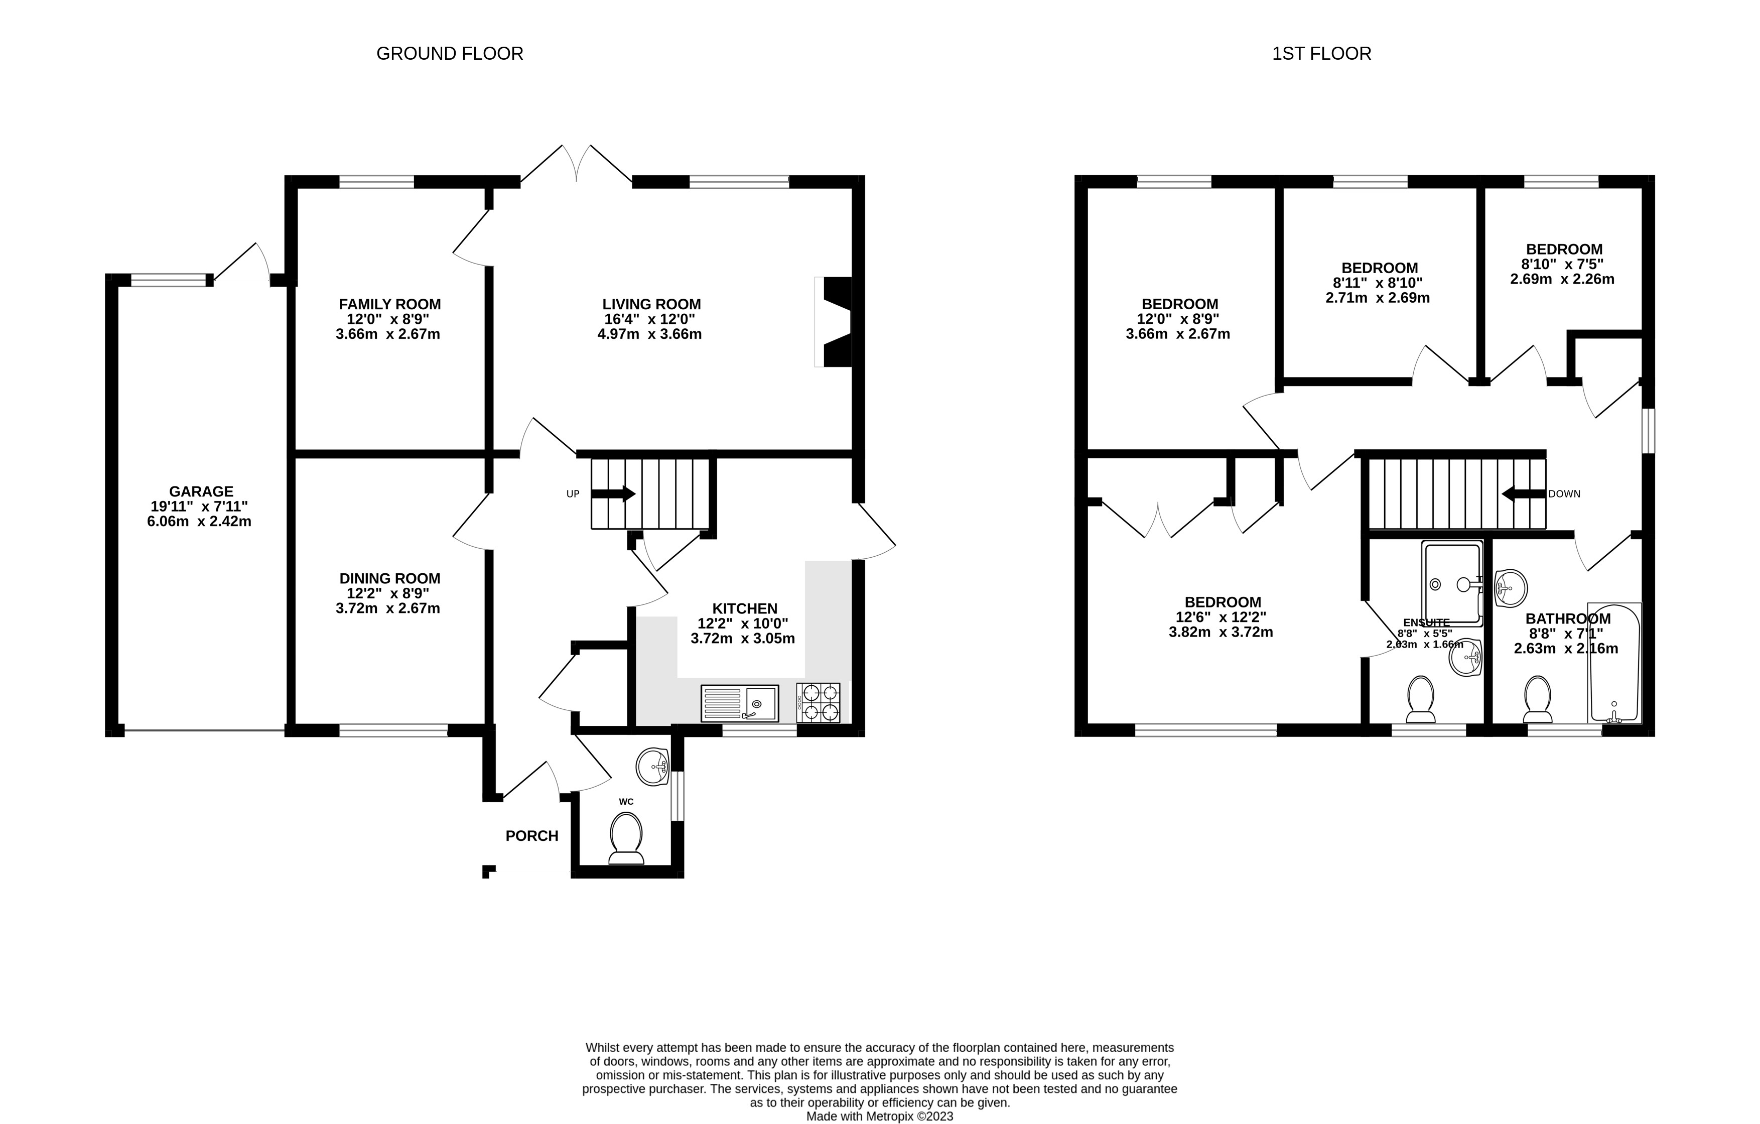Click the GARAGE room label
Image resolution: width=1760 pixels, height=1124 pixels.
(x=201, y=491)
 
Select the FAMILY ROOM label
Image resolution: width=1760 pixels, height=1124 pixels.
(x=389, y=304)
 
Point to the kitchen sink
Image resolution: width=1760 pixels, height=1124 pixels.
(x=739, y=703)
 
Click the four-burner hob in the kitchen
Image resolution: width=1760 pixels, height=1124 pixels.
(x=818, y=703)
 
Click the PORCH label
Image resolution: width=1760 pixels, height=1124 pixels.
(x=531, y=836)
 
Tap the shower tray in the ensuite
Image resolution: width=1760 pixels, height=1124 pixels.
(x=1451, y=583)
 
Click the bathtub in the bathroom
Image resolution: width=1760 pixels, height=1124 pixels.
(x=1614, y=663)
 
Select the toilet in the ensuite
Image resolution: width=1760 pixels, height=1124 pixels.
(x=1420, y=698)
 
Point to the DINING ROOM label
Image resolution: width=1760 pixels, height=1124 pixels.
(x=389, y=578)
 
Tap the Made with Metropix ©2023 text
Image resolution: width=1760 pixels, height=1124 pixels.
(x=879, y=1116)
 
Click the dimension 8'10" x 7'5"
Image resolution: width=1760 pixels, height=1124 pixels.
(x=1563, y=264)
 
